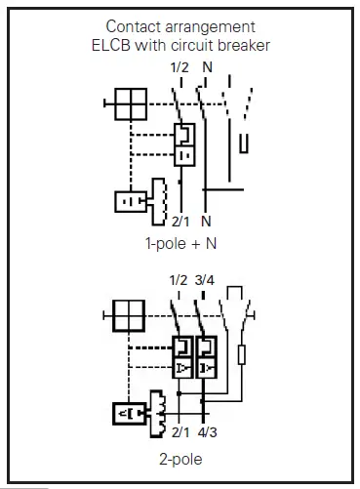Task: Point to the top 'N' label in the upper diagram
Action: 207,66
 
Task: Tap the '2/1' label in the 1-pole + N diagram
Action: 179,221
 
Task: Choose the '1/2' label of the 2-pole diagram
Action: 177,280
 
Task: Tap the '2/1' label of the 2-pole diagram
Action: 180,430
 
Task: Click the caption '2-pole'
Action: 180,456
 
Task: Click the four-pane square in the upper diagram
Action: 130,102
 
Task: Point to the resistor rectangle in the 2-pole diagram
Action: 241,353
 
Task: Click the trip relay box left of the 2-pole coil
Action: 130,414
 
